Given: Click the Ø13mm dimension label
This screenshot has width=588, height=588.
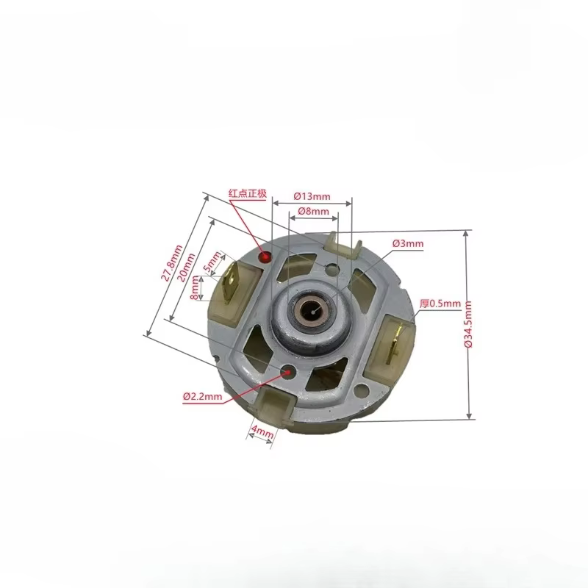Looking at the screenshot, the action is pyautogui.click(x=312, y=196).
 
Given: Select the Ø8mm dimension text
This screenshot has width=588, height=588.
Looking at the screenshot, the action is pyautogui.click(x=314, y=211).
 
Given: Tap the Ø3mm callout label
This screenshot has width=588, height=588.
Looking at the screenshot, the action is pyautogui.click(x=408, y=243).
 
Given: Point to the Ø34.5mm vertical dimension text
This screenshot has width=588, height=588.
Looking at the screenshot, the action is pyautogui.click(x=468, y=324).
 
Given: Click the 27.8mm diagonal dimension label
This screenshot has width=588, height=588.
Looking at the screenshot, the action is pyautogui.click(x=172, y=263).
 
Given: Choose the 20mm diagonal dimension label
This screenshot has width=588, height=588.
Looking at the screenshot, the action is pyautogui.click(x=186, y=268).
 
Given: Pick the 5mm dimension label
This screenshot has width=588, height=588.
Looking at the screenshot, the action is pyautogui.click(x=212, y=262).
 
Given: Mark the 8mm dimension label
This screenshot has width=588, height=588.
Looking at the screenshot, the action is pyautogui.click(x=195, y=287).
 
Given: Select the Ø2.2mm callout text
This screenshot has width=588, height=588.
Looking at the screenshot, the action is pyautogui.click(x=203, y=396).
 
